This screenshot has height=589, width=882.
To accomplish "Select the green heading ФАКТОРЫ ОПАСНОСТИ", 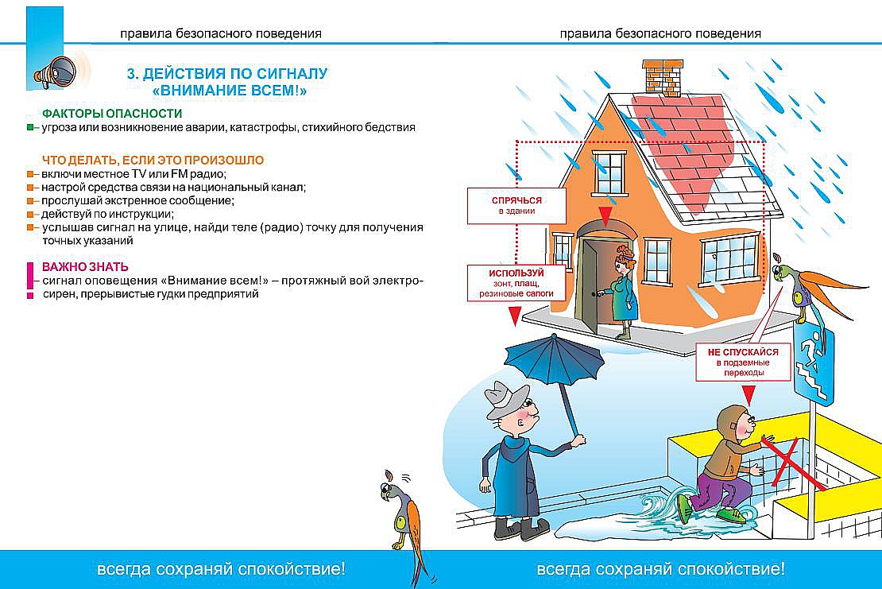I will (x=112, y=114).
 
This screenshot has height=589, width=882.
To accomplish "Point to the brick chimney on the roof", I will (x=664, y=78).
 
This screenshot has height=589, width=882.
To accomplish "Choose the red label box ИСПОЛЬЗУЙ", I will (x=516, y=283).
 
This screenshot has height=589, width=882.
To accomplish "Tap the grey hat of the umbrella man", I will (x=507, y=399).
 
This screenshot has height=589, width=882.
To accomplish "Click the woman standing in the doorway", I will (x=624, y=290).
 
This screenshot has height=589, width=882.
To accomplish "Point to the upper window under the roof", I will (x=610, y=173).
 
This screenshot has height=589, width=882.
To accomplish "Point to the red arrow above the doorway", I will (x=605, y=215).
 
